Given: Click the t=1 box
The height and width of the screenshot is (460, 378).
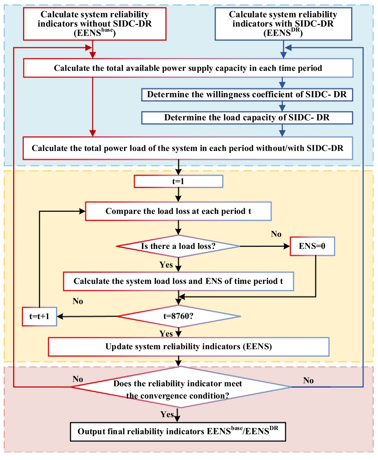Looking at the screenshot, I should click(x=178, y=182).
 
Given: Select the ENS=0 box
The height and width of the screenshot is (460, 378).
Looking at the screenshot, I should click(x=312, y=246).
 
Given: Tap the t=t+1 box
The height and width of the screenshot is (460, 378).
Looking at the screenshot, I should click(x=39, y=316).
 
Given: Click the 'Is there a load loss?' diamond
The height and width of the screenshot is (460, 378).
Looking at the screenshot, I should click(x=178, y=246).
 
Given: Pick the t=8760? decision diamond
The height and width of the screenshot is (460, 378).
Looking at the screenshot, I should click(x=178, y=316).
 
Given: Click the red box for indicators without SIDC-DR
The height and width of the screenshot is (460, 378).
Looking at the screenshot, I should click(x=95, y=24).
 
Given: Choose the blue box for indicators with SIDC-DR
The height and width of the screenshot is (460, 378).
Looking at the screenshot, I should click(x=283, y=24).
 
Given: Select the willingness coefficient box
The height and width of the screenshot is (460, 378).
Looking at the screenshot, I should click(x=247, y=95).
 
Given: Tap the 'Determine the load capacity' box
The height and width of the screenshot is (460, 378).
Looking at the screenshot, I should click(x=247, y=118).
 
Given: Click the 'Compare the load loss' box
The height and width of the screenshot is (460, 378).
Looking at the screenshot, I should click(x=178, y=211).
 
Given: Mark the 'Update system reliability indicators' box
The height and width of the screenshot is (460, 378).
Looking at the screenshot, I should click(x=188, y=347).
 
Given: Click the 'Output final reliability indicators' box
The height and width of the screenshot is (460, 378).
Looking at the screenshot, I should click(x=178, y=431).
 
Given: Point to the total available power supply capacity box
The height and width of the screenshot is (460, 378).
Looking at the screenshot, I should click(x=188, y=68).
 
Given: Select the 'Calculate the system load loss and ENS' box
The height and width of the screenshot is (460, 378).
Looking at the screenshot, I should click(x=178, y=281).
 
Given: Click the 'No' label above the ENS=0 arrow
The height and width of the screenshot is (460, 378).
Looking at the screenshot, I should click(x=276, y=234).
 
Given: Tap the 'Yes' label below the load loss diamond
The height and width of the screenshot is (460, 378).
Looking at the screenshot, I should click(x=166, y=265).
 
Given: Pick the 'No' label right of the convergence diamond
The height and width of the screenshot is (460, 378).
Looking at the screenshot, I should click(x=308, y=380).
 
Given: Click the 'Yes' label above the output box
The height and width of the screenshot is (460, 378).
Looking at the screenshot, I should click(x=167, y=414).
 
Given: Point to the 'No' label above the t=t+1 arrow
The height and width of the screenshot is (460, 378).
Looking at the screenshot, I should click(x=78, y=301).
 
